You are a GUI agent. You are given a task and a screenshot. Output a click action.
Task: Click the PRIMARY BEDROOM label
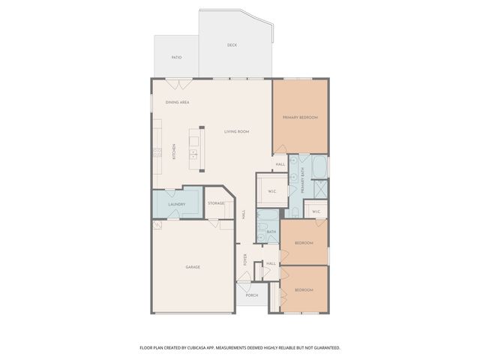300,118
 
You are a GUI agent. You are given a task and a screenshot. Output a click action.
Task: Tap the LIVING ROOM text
236,132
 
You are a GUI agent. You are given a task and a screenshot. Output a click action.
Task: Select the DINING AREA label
177,102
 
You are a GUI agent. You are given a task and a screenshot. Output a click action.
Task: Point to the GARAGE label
193,267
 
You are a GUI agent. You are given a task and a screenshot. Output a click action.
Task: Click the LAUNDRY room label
176,204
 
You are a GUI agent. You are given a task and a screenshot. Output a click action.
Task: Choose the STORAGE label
217,204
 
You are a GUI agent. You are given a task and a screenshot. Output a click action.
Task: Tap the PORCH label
252,295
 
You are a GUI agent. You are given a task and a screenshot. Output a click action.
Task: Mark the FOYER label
245,260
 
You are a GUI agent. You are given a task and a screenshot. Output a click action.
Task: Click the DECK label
232,45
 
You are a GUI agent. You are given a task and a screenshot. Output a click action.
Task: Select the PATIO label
176,57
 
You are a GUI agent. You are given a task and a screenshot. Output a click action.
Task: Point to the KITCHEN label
175,151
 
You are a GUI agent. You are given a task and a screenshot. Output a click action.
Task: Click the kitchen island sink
193,154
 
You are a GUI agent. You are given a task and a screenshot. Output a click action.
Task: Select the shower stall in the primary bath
318,189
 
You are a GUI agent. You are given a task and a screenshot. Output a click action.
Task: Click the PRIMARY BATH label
303,181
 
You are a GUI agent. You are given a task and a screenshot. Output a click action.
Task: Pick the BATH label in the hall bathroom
271,232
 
